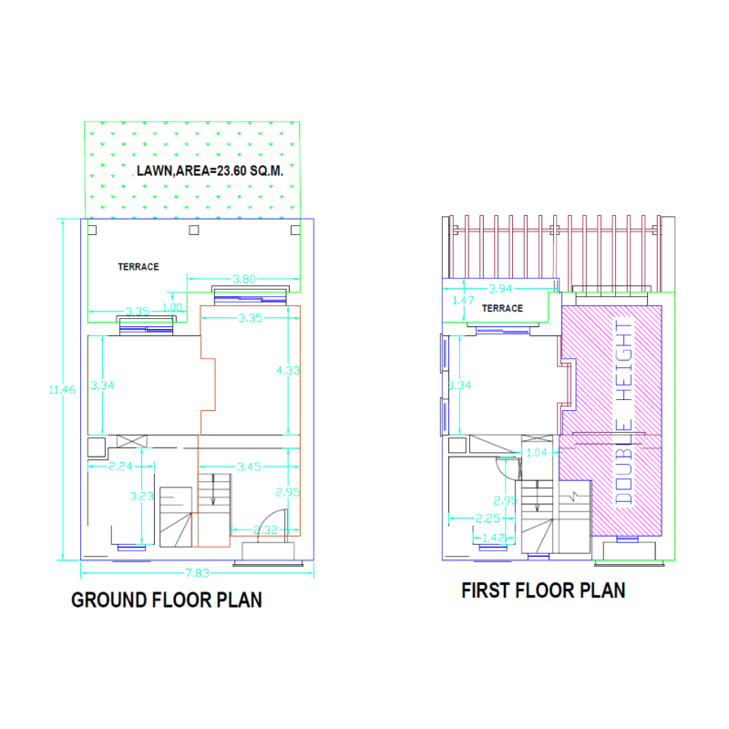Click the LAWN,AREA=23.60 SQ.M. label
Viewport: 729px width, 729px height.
click(x=210, y=170)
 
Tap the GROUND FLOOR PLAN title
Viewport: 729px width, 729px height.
click(x=167, y=600)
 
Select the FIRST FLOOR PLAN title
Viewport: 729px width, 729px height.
click(x=543, y=590)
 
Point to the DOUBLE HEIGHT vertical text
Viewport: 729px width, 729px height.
click(x=624, y=412)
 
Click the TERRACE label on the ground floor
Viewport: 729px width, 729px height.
click(x=139, y=267)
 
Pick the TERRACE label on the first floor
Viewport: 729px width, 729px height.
click(x=502, y=308)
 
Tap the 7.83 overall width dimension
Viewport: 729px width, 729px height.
click(x=198, y=571)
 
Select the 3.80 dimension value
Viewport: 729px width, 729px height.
click(x=243, y=279)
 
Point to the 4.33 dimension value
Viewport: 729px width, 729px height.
click(x=289, y=370)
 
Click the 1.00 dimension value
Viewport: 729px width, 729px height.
click(x=172, y=306)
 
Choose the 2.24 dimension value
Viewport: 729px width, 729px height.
click(x=121, y=466)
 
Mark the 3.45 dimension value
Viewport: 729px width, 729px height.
click(x=249, y=466)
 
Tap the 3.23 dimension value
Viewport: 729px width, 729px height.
click(x=141, y=497)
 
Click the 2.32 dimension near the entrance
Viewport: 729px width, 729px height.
click(x=266, y=529)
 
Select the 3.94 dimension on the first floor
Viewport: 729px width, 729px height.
click(x=502, y=288)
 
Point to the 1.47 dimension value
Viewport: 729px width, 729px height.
click(x=464, y=300)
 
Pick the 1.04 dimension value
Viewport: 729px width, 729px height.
click(x=538, y=451)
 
